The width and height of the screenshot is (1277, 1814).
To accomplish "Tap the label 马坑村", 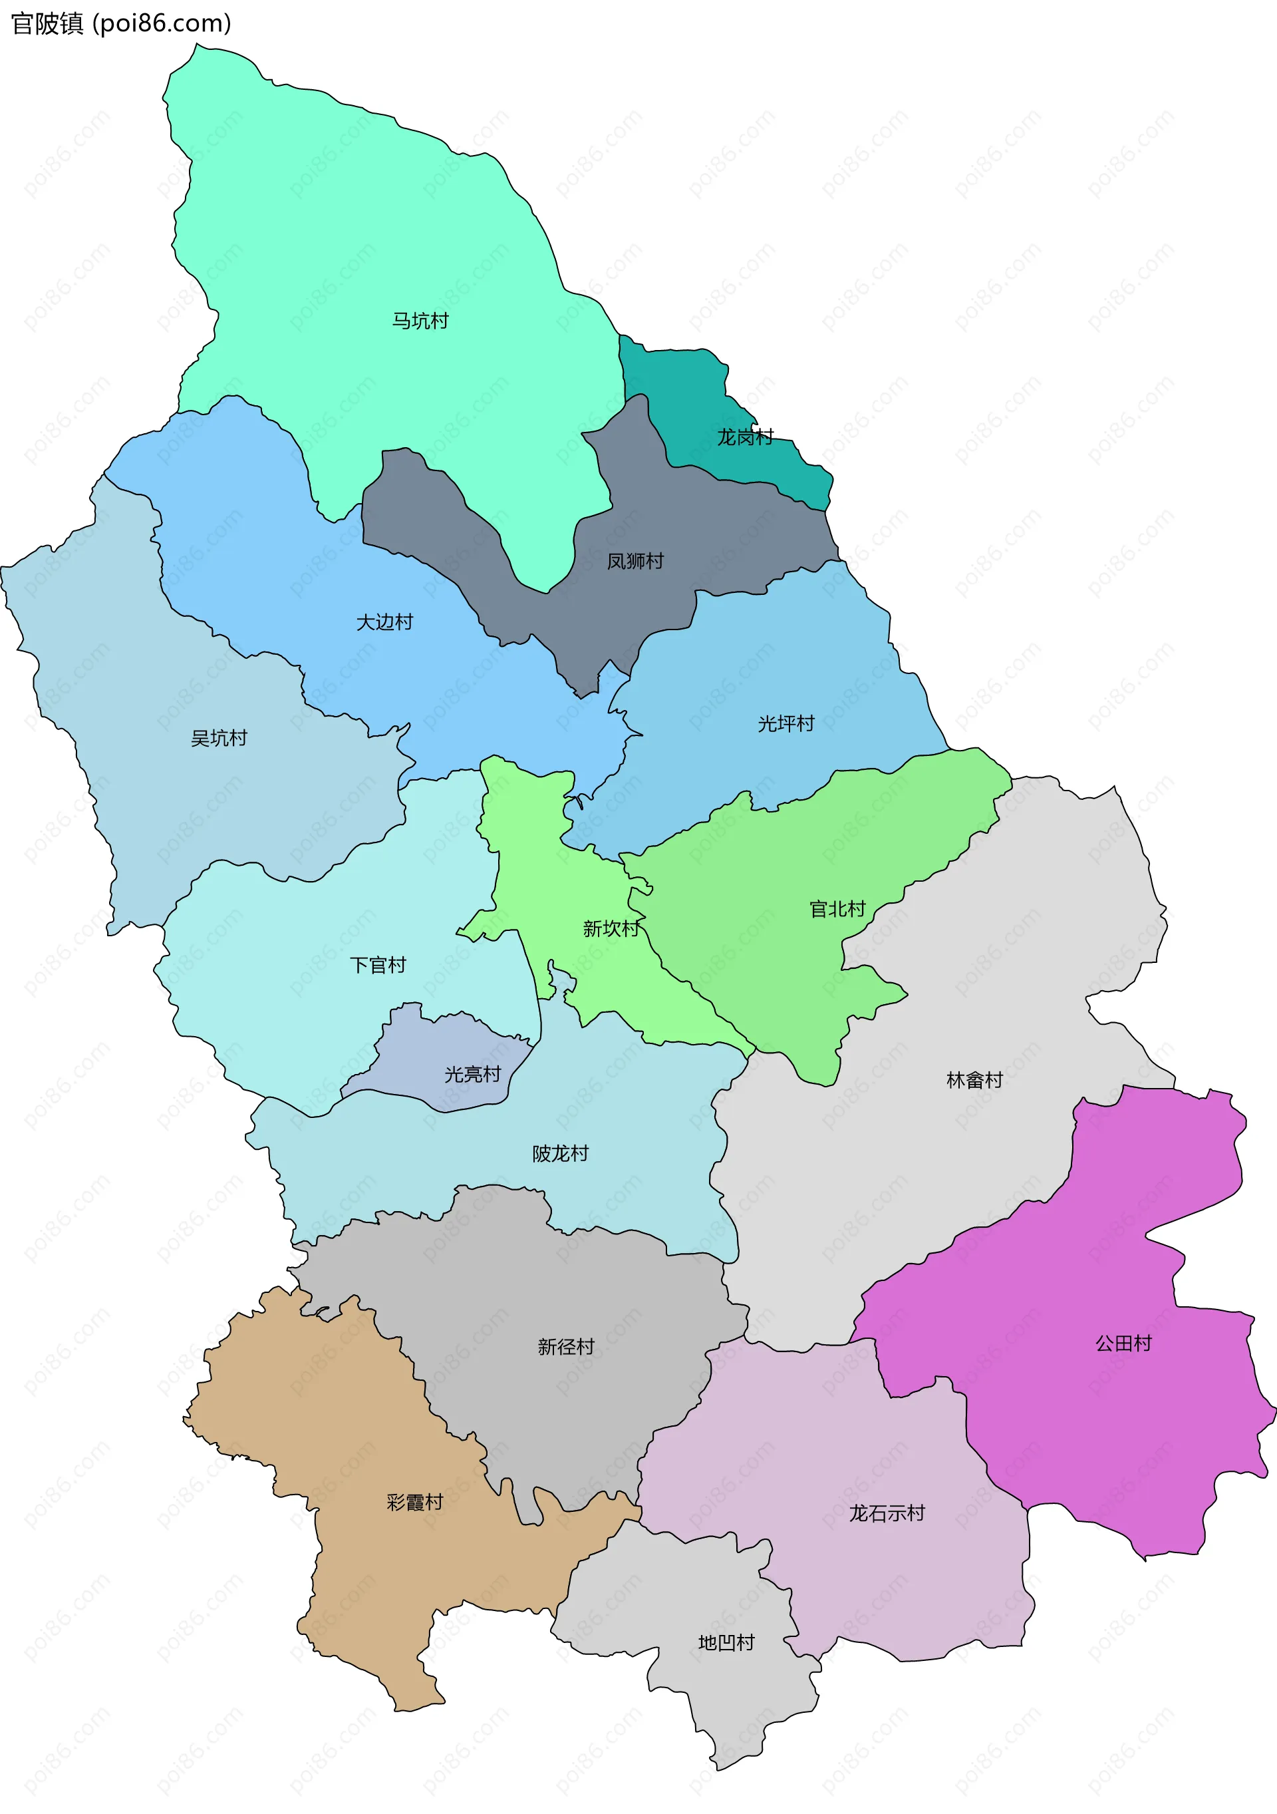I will [x=420, y=321].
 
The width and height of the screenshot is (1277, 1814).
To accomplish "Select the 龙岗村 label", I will [x=745, y=437].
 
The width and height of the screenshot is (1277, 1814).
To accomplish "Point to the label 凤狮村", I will [x=635, y=561].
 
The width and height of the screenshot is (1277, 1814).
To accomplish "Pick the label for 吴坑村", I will [x=219, y=738].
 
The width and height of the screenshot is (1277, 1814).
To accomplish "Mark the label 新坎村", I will [x=611, y=928].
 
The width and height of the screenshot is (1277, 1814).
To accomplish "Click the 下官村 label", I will [x=378, y=965].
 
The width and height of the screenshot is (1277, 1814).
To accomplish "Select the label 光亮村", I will [x=472, y=1075].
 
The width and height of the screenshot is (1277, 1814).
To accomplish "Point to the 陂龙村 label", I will [x=560, y=1153].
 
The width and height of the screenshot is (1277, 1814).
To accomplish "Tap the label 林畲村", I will [x=974, y=1080].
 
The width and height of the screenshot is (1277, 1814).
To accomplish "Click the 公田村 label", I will [x=1123, y=1343].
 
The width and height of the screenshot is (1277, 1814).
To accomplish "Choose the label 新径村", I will [x=565, y=1346].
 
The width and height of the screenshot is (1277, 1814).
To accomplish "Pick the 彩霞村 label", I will [x=414, y=1502].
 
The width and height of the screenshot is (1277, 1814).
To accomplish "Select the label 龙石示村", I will [x=886, y=1513].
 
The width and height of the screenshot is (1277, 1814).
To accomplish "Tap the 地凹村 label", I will [x=726, y=1642].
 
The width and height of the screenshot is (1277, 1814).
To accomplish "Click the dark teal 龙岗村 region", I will [x=679, y=379].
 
